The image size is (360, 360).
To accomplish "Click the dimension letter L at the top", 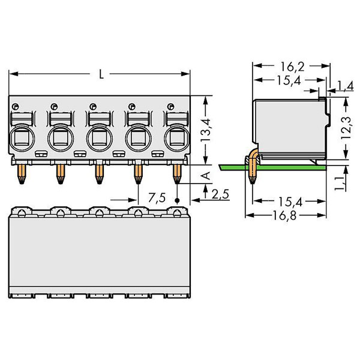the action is click(x=101, y=74).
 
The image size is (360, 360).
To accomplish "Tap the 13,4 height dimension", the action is click(x=205, y=130).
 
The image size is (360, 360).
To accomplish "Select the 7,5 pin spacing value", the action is click(x=157, y=198).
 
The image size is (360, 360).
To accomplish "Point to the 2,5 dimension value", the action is click(x=220, y=194).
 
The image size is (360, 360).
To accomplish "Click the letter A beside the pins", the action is click(x=206, y=176).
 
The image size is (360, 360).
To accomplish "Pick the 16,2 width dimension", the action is click(x=292, y=67).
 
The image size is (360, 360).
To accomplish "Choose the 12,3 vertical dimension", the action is click(x=346, y=128).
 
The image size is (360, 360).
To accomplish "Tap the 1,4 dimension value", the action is click(x=345, y=86).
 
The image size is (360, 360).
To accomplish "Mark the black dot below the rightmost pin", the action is click(x=177, y=200).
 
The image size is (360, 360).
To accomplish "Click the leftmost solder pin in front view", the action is click(x=22, y=174).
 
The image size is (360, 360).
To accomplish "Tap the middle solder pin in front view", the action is click(x=99, y=174).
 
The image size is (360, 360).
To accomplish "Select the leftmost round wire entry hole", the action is click(x=22, y=139).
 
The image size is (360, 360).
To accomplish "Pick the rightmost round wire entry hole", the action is click(x=177, y=139).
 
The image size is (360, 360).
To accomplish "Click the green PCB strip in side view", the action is click(x=272, y=167).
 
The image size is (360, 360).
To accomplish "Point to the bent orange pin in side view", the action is click(x=253, y=166).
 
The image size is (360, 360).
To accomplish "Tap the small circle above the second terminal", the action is click(x=54, y=107).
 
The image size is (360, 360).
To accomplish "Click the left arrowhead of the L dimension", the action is click(x=13, y=74).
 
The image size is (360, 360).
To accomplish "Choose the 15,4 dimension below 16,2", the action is click(x=289, y=80).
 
